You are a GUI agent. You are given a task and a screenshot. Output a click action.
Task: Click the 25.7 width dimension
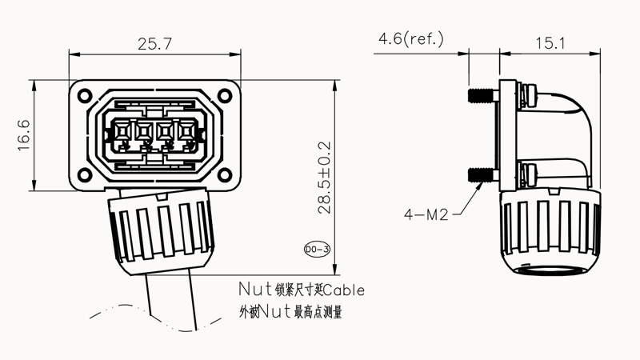pyautogui.click(x=154, y=45)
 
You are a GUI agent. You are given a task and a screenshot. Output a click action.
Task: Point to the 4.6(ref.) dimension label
pyautogui.click(x=411, y=38)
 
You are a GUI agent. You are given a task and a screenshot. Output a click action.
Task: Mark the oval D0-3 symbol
pyautogui.click(x=318, y=250)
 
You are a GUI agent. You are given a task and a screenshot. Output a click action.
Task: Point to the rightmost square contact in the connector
pyautogui.click(x=185, y=130)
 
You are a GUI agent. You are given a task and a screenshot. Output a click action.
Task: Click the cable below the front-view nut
pyautogui.click(x=170, y=300)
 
